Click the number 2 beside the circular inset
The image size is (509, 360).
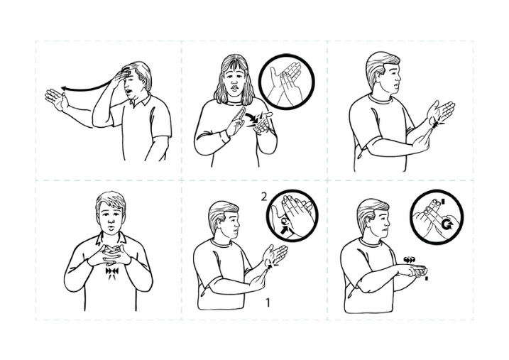coord(264,197)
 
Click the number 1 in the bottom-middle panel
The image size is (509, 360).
coord(268,302)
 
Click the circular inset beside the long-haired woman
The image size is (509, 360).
coord(287,82)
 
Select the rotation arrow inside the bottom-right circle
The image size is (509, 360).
coord(447,224)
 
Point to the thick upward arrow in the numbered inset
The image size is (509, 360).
coord(285,231)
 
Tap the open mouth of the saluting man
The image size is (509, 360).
coord(129,91)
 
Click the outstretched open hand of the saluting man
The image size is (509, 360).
coord(56,99)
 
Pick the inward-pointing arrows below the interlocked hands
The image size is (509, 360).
coord(112,271)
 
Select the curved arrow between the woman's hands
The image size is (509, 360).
coord(251,116)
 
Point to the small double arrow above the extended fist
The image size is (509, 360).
coord(410,259)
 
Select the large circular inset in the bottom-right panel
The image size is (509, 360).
coord(437,217)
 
